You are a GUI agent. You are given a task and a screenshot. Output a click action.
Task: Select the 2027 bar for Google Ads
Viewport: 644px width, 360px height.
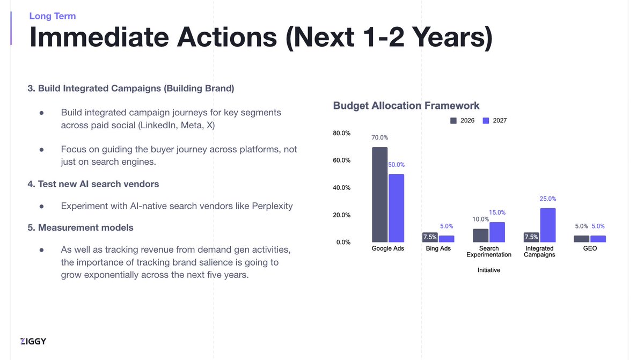click(x=396, y=208)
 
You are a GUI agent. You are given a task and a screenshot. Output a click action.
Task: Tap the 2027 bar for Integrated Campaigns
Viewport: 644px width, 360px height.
click(x=547, y=225)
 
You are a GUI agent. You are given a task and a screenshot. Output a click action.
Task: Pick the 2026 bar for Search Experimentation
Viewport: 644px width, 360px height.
click(x=480, y=236)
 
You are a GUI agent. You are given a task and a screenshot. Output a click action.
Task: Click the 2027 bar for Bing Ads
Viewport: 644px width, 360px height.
click(x=447, y=239)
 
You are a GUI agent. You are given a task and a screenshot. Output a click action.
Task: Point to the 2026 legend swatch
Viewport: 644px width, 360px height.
click(x=453, y=121)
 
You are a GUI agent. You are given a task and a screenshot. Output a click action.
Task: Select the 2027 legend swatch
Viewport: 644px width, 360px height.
click(x=486, y=121)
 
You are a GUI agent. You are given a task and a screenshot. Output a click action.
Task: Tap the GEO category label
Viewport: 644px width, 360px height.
click(x=589, y=249)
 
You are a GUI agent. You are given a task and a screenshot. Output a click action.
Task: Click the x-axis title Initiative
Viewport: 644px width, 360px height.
click(x=488, y=270)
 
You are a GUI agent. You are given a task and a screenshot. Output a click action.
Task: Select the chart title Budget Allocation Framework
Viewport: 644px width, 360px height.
click(x=406, y=106)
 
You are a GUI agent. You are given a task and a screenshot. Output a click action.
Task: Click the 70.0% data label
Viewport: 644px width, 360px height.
click(x=380, y=137)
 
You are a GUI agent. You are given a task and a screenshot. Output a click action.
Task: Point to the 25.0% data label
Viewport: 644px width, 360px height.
click(x=548, y=199)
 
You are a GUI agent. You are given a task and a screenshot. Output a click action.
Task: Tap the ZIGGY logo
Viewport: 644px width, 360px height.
click(x=33, y=341)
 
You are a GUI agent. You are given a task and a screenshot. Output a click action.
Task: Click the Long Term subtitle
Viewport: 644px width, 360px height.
click(x=53, y=16)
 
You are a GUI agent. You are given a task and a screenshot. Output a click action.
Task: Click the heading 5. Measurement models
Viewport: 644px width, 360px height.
click(x=80, y=227)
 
